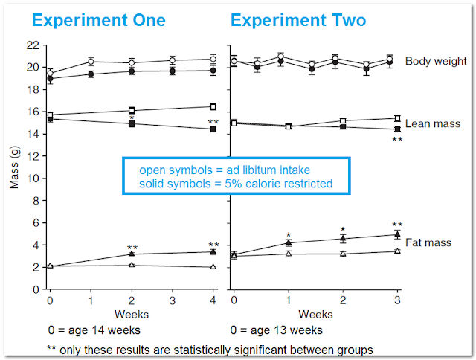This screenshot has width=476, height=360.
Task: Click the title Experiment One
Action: click(x=99, y=21)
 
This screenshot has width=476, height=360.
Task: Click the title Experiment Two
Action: click(x=298, y=21)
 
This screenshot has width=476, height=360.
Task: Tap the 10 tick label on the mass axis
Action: click(x=33, y=179)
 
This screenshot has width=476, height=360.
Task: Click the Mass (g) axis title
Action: click(x=14, y=167)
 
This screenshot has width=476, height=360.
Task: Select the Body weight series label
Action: click(x=436, y=61)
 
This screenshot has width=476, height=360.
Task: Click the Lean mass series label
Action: click(x=433, y=124)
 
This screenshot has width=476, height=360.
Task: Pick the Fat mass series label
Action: click(x=428, y=242)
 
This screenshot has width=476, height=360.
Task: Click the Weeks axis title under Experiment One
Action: click(x=132, y=315)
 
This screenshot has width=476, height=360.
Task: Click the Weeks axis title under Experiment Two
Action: click(x=315, y=315)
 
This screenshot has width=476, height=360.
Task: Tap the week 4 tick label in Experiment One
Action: click(x=213, y=300)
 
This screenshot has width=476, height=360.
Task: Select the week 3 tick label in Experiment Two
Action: click(x=397, y=300)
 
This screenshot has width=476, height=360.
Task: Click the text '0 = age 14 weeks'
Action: click(x=94, y=330)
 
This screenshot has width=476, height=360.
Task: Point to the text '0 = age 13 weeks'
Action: click(x=276, y=330)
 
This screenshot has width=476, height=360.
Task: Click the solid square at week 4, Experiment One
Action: click(x=213, y=129)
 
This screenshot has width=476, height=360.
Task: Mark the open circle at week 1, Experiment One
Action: click(x=91, y=62)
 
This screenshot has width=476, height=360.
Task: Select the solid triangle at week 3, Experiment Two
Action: click(x=397, y=234)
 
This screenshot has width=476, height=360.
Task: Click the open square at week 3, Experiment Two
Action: click(x=397, y=118)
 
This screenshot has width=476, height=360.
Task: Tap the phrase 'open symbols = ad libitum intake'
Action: click(x=225, y=170)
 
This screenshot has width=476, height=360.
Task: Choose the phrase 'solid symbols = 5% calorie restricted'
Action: click(x=236, y=184)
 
